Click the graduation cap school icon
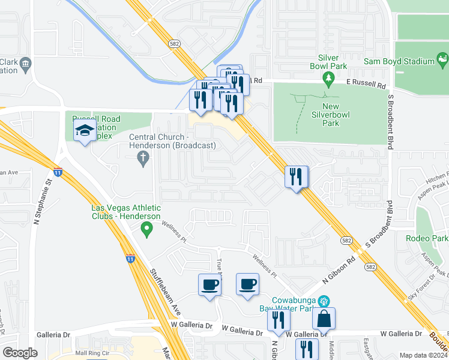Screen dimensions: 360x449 [x=85, y=130]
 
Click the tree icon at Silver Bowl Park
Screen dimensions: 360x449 [x=328, y=78]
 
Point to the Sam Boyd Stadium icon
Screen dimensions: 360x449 [x=442, y=59]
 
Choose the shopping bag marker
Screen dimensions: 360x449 [x=324, y=319]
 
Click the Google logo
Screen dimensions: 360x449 [x=20, y=353]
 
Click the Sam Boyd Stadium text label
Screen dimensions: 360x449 [x=399, y=61]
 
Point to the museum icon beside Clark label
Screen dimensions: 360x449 [x=26, y=63]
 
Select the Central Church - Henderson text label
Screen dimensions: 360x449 [x=173, y=141]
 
